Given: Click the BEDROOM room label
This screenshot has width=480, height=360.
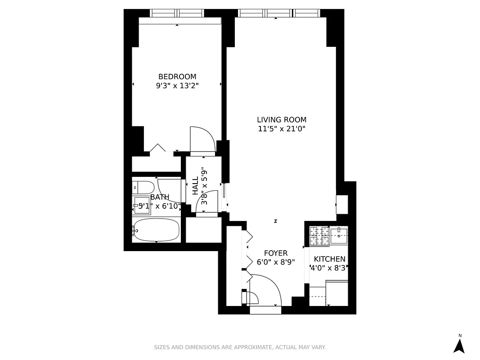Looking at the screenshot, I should pos(177,77).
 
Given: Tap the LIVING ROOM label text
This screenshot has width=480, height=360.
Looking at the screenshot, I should pos(282,120).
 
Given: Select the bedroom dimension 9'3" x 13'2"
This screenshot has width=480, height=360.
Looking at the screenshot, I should pos(177,85).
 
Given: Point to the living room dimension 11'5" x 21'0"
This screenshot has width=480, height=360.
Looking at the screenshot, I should pos(282,129).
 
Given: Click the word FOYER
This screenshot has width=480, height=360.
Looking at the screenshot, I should pos(276,253).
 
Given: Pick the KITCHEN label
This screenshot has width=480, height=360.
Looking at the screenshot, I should pos(329,259).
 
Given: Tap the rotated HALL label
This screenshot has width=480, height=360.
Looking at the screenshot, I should pos(196,186).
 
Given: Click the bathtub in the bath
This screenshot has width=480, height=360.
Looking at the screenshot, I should pos(157,230).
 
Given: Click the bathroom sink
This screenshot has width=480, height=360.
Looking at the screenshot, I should pos(142,205).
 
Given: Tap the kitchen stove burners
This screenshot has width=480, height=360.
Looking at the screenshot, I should pos(319,236).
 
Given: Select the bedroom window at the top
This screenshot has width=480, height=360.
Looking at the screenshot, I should pos(177,13).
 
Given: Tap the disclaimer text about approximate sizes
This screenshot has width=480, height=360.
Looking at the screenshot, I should pos(240,347).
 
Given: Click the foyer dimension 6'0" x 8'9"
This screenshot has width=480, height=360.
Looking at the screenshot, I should pos(276,262).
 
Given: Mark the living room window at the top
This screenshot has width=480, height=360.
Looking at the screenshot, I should pos(279,13).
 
